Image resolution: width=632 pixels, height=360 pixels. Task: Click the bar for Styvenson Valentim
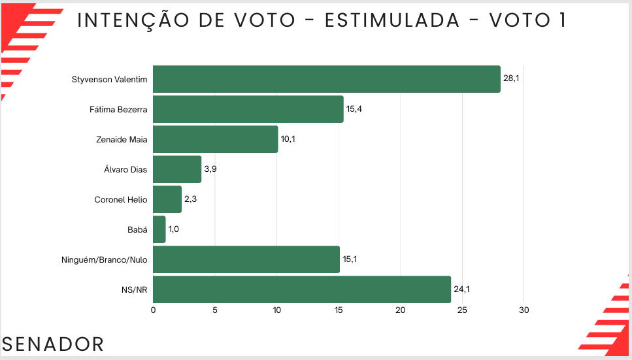click(x=326, y=79)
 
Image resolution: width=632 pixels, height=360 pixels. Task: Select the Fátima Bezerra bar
click(x=248, y=109)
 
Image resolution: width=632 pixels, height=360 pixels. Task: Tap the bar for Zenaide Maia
click(x=215, y=139)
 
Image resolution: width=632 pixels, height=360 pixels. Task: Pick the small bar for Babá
click(x=159, y=229)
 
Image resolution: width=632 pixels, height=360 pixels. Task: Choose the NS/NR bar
click(x=301, y=289)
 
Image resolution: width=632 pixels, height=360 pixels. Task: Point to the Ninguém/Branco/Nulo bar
click(x=246, y=259)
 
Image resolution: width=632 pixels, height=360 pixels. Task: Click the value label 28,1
click(x=510, y=78)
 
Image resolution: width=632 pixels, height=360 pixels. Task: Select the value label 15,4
click(x=354, y=108)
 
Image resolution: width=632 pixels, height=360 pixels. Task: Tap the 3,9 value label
click(x=210, y=169)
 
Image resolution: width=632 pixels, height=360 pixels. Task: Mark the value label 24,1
click(x=461, y=289)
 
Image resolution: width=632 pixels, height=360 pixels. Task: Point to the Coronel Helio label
click(x=121, y=199)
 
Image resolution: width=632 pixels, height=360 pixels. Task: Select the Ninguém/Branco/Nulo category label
click(x=104, y=259)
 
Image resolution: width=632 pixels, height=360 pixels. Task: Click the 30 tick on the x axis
click(x=524, y=310)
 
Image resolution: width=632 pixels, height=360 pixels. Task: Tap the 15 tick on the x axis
click(x=339, y=310)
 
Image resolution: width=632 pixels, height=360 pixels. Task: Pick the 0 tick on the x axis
click(x=153, y=310)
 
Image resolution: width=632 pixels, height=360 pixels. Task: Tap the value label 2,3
click(x=191, y=199)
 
